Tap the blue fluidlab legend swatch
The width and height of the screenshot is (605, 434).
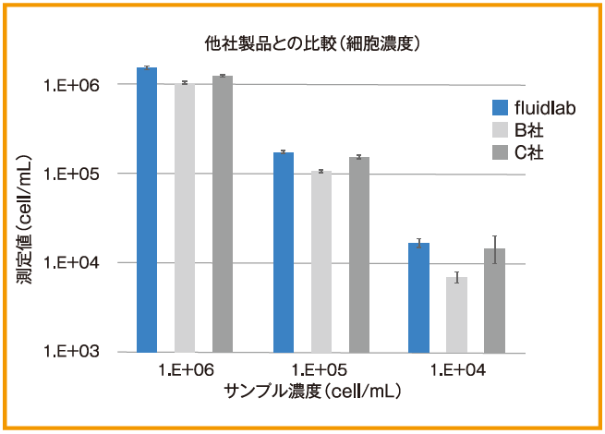pyautogui.click(x=501, y=107)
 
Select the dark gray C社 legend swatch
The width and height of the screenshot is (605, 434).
pyautogui.click(x=501, y=151)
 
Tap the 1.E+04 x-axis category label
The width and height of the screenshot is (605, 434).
pyautogui.click(x=457, y=370)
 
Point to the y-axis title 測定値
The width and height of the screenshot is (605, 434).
pyautogui.click(x=25, y=217)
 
